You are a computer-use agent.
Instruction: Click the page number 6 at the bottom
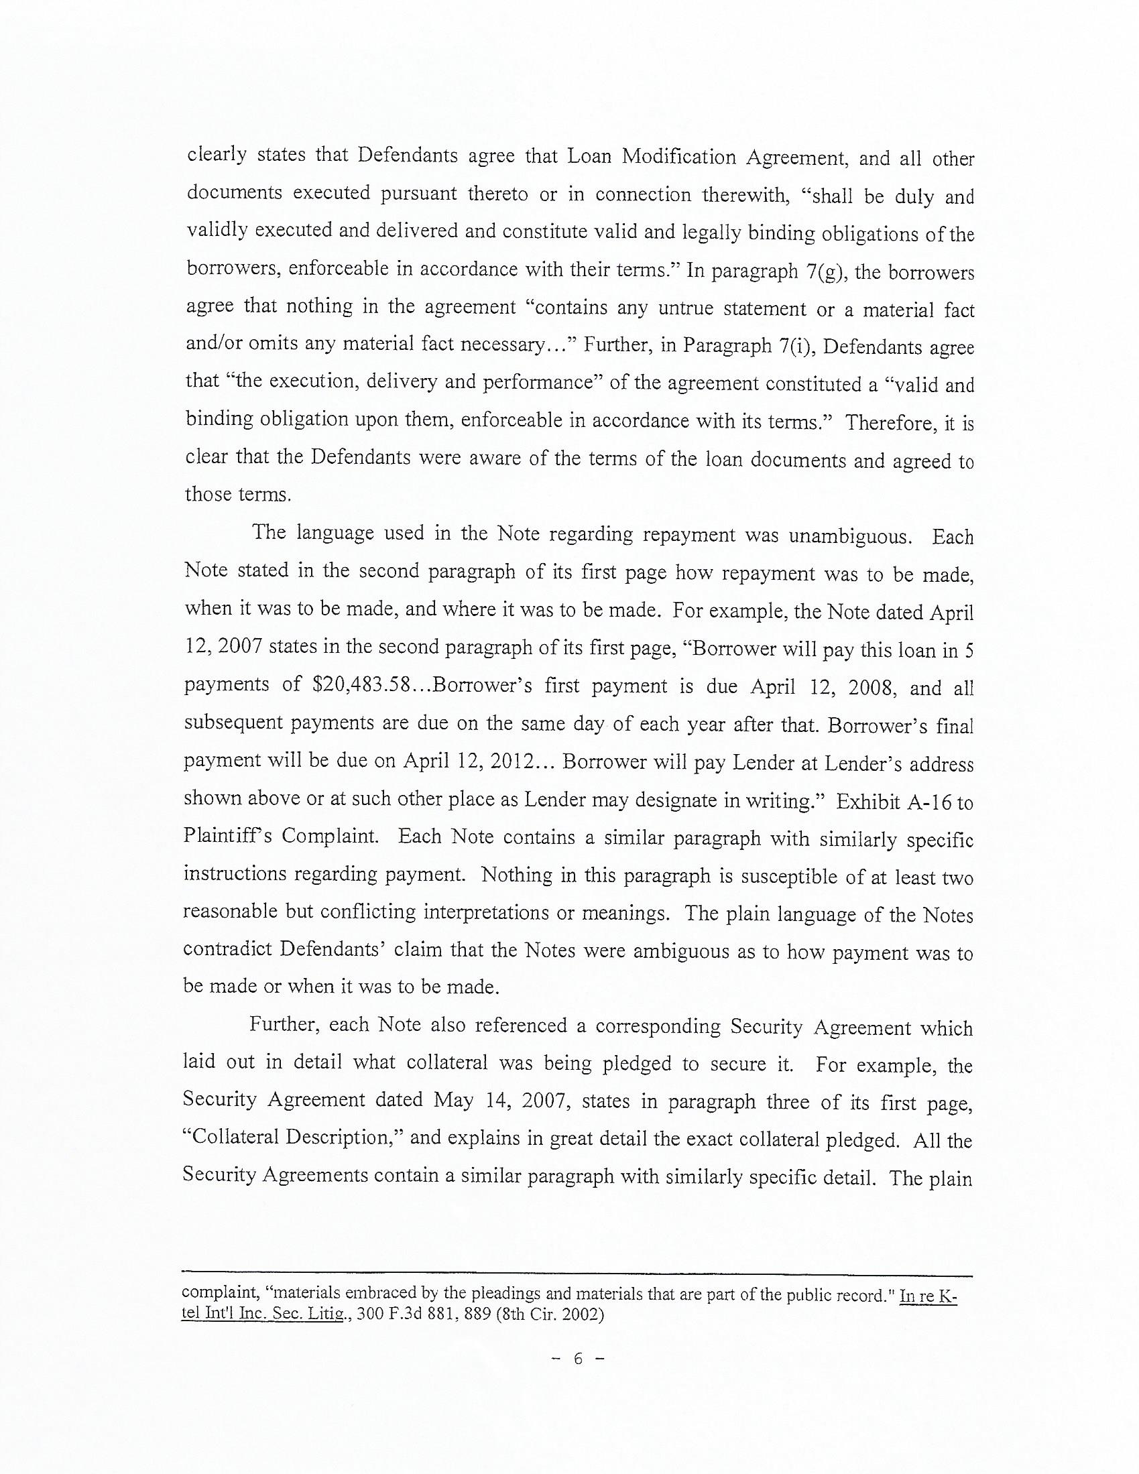click(577, 1359)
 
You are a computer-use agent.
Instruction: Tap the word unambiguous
click(847, 536)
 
